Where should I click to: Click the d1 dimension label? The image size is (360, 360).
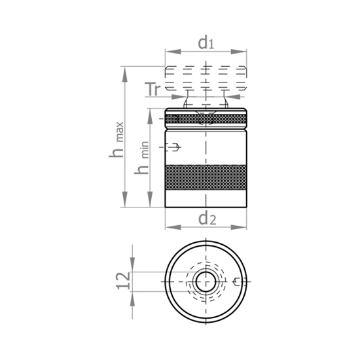tap(206, 43)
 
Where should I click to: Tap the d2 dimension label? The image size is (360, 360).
tap(207, 219)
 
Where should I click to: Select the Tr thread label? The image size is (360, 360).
tap(153, 89)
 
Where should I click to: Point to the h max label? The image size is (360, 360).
tap(117, 139)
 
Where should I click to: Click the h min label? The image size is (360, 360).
tap(141, 158)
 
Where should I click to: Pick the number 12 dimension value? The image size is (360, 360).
tap(123, 281)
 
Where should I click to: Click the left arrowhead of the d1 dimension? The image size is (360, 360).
tap(173, 52)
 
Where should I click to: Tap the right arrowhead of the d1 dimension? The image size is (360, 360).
tap(239, 52)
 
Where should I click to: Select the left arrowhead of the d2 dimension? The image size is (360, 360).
tap(173, 227)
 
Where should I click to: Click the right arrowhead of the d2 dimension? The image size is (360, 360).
tap(239, 227)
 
